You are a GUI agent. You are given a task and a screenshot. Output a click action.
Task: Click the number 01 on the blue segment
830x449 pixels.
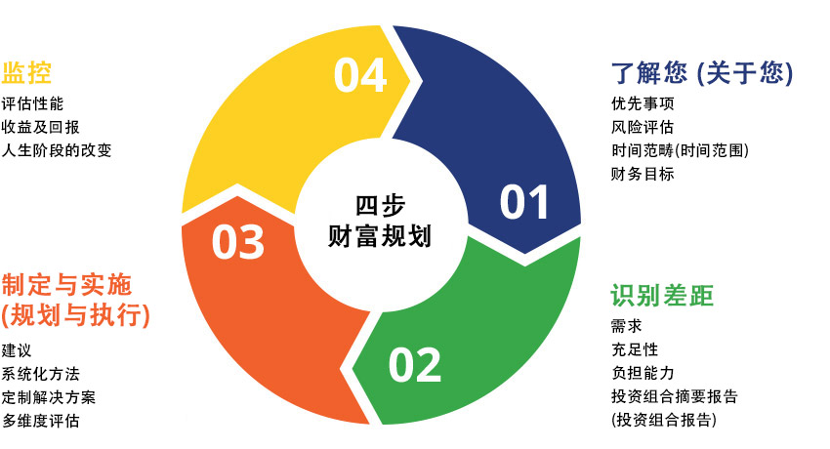coord(524,202)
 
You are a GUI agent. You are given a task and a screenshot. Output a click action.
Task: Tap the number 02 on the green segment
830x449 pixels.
coord(414,365)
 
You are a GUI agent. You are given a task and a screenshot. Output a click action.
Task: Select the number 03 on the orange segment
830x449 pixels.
coord(237,242)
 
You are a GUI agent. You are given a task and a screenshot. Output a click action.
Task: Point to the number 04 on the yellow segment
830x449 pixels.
coord(360,75)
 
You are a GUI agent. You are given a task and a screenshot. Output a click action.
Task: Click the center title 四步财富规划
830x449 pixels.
coord(380,221)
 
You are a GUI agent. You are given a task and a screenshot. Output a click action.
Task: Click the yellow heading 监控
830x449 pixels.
coord(26,72)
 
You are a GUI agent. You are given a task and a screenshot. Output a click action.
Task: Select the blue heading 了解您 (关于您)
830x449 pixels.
coord(702,72)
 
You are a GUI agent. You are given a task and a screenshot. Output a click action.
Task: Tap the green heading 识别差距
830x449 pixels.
coord(662,295)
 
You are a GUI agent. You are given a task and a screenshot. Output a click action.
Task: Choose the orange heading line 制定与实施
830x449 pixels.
coord(66,285)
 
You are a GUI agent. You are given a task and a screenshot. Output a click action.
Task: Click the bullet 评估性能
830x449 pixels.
coord(32,103)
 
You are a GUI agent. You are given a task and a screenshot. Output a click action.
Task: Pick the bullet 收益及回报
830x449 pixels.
coord(40,127)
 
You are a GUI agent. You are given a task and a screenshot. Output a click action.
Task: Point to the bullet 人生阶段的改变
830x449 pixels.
coord(56,150)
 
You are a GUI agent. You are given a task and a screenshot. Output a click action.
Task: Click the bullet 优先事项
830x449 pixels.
coord(643,103)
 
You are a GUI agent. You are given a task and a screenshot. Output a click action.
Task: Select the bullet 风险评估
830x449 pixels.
coord(643,127)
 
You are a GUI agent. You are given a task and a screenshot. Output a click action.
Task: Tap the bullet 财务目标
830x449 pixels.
coord(643,174)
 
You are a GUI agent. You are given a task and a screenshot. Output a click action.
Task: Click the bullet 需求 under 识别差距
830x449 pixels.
coord(627,326)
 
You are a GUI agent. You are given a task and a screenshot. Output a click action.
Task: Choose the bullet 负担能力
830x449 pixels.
coord(643,373)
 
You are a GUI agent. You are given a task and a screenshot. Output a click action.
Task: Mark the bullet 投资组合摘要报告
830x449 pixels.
coord(675,396)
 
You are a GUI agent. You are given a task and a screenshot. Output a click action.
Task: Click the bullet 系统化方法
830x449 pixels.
coord(40,374)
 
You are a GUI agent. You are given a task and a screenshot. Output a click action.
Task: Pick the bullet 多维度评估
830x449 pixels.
coord(40,421)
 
